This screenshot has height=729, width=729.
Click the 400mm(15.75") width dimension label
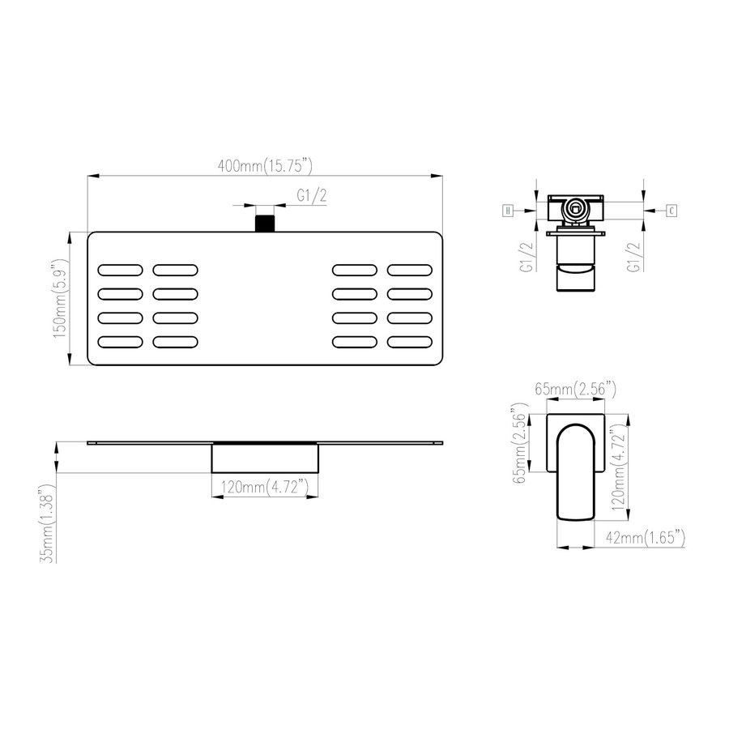pyautogui.click(x=265, y=165)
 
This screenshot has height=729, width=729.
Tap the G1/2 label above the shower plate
pyautogui.click(x=313, y=195)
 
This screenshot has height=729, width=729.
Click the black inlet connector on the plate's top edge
pyautogui.click(x=264, y=223)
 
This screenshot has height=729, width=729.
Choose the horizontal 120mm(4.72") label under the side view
pyautogui.click(x=263, y=488)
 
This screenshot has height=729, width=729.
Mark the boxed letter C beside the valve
pyautogui.click(x=671, y=211)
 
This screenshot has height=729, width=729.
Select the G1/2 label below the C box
pyautogui.click(x=633, y=256)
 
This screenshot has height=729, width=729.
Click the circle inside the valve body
pyautogui.click(x=575, y=208)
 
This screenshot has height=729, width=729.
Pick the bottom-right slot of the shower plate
pyautogui.click(x=414, y=342)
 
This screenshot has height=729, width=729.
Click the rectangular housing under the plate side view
pyautogui.click(x=264, y=458)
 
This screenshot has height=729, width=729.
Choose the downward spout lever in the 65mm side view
pyautogui.click(x=575, y=470)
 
